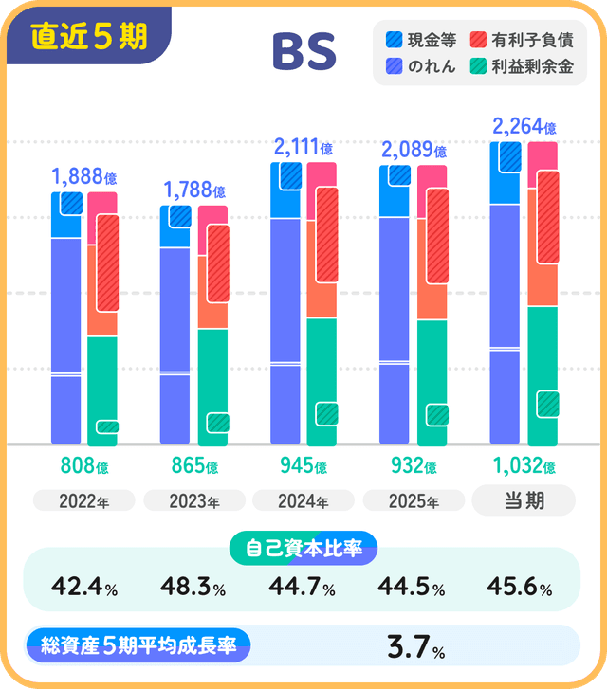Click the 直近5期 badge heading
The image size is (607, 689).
(89, 36)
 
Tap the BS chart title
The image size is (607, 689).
(304, 53)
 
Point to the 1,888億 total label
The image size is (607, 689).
(84, 175)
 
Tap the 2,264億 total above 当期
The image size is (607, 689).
(524, 125)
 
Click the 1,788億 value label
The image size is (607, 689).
(194, 190)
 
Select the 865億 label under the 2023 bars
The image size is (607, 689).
(194, 467)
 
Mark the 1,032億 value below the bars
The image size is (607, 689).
(524, 467)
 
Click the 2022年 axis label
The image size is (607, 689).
(84, 501)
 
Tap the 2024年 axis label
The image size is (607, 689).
(303, 501)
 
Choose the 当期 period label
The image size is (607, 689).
(524, 500)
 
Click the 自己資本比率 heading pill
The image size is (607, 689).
(303, 549)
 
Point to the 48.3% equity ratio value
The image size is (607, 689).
(194, 589)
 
